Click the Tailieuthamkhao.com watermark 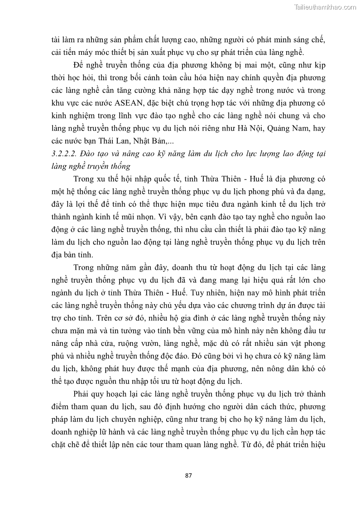point(325,7)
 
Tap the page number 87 point(189,475)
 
